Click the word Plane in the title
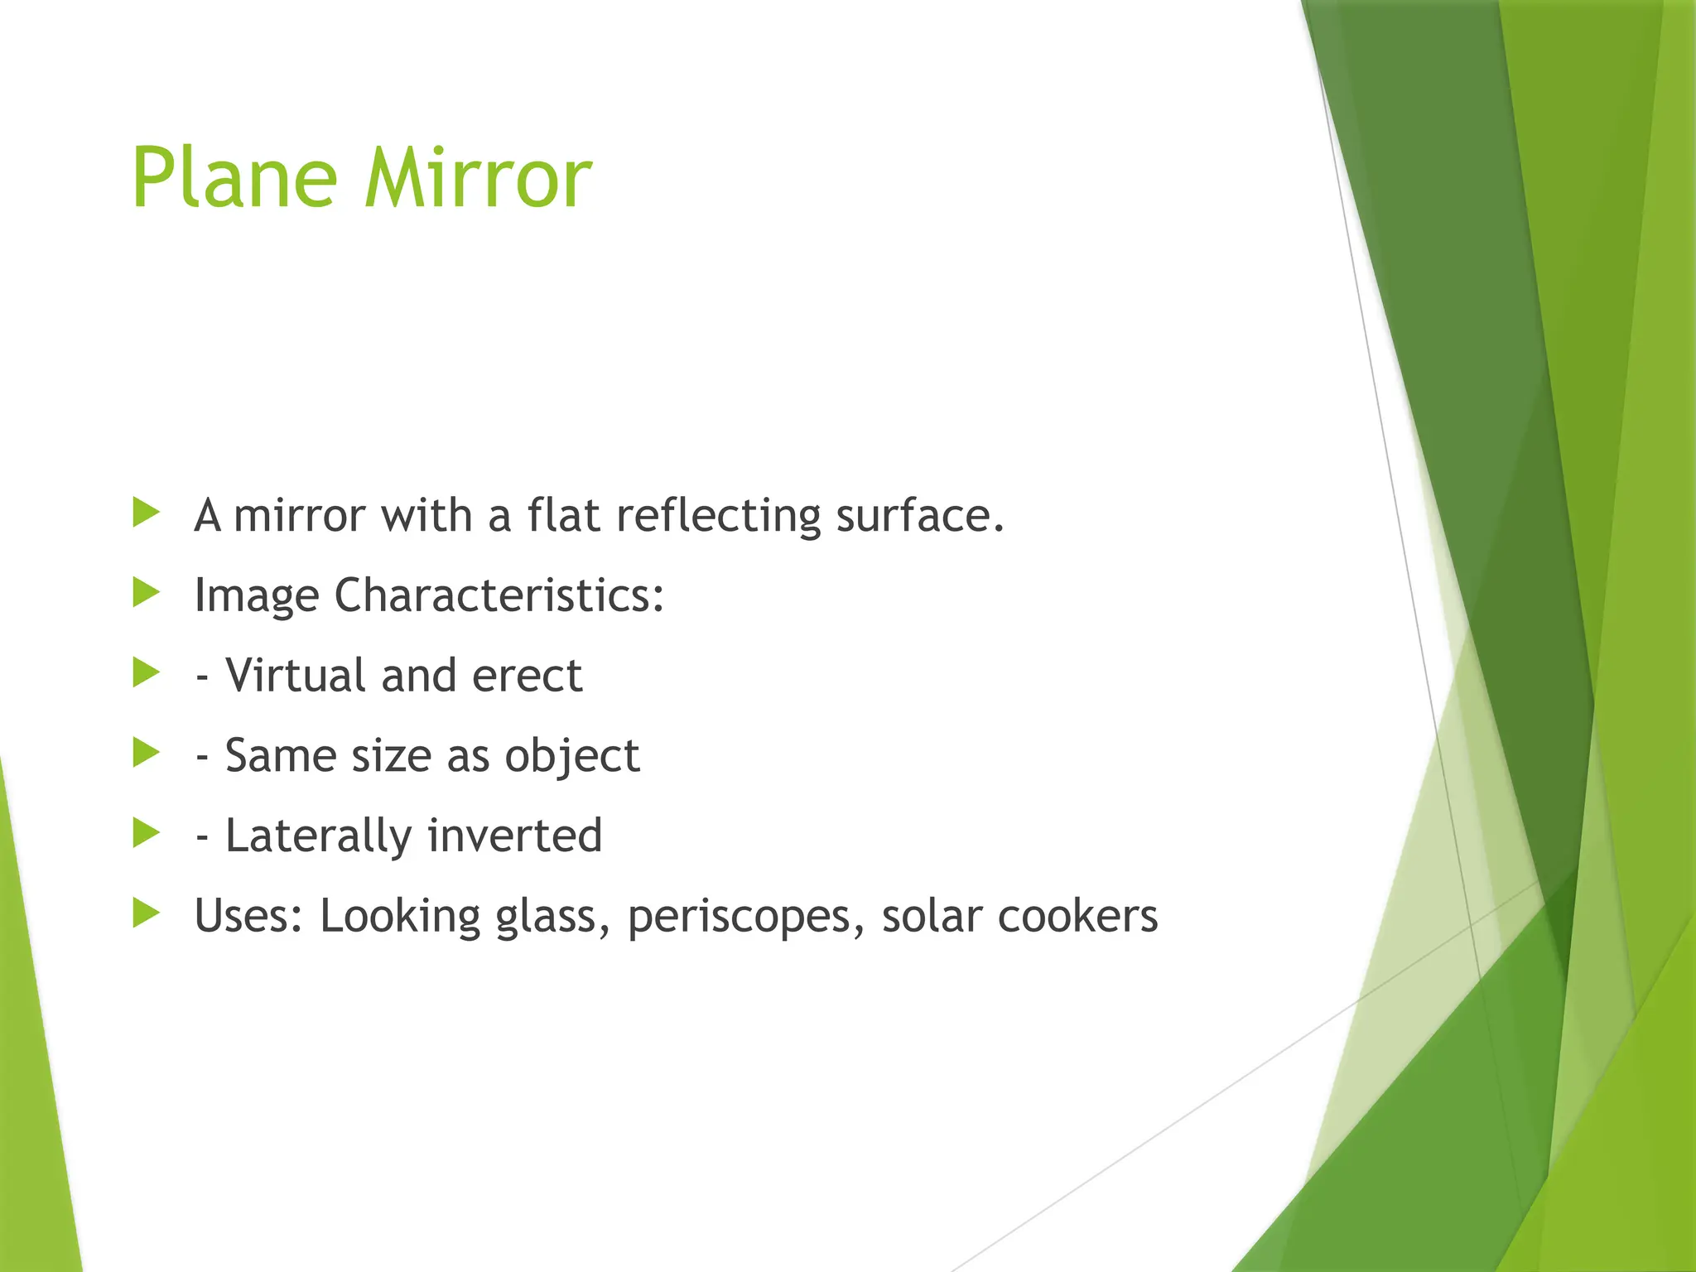tap(234, 179)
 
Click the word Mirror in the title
tap(478, 179)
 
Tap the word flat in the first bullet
tap(563, 515)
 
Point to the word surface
tap(919, 515)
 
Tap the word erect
tap(527, 676)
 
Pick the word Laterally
tap(318, 836)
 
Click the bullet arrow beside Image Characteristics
tap(147, 593)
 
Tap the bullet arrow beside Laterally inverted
tap(147, 833)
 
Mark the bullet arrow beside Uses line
tap(147, 913)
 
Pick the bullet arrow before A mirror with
tap(147, 513)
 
